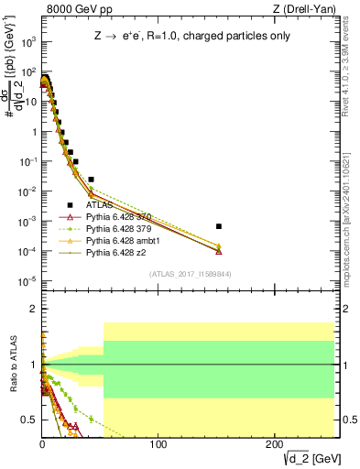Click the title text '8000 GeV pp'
73,9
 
